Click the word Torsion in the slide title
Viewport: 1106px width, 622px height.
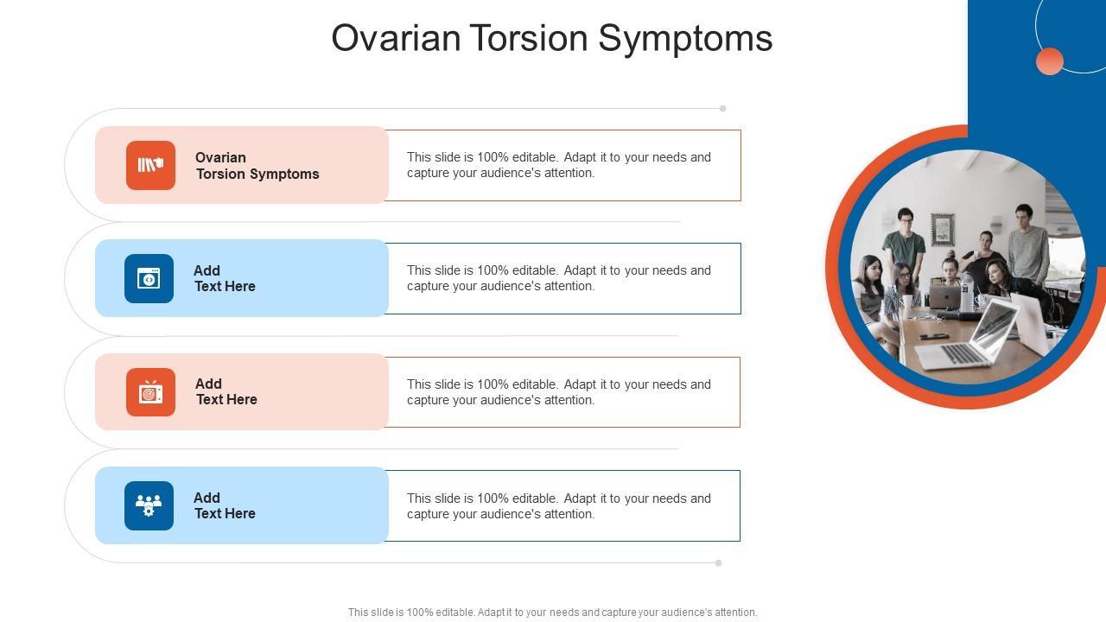(528, 37)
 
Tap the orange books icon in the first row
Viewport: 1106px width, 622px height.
(150, 165)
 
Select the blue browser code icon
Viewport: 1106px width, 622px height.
(149, 278)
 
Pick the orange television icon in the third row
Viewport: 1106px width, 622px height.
(150, 392)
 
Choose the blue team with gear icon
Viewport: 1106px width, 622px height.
(149, 505)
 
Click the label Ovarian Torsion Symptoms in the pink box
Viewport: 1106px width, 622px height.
(257, 166)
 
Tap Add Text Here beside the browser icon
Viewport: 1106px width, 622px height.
(225, 278)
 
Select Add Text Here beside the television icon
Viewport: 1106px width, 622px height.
(226, 391)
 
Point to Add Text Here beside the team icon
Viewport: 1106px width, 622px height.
(225, 505)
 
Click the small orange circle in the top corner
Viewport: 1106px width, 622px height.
(1049, 61)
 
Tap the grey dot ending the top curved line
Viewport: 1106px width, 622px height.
(722, 109)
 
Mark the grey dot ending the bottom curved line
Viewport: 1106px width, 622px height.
(718, 562)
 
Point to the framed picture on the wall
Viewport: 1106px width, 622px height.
(943, 229)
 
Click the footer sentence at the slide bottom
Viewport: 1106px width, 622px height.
(552, 612)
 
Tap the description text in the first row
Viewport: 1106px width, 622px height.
(559, 165)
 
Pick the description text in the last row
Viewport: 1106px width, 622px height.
(559, 506)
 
